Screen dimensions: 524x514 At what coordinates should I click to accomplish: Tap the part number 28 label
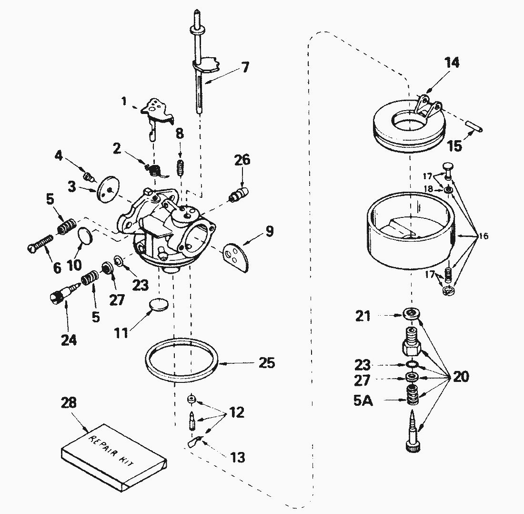click(x=69, y=402)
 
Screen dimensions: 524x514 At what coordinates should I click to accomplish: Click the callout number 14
click(x=452, y=62)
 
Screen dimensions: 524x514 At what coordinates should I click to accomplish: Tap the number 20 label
click(x=461, y=377)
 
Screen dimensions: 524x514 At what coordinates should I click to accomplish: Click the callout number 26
click(x=242, y=160)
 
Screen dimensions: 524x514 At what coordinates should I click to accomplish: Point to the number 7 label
click(x=245, y=67)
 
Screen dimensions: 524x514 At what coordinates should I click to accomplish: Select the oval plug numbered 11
click(x=158, y=304)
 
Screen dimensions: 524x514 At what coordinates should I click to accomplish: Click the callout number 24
click(x=69, y=340)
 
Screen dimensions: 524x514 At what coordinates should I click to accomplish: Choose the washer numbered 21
click(x=410, y=313)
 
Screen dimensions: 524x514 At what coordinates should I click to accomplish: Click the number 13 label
click(x=238, y=457)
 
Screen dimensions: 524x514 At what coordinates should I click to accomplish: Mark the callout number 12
click(x=236, y=412)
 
